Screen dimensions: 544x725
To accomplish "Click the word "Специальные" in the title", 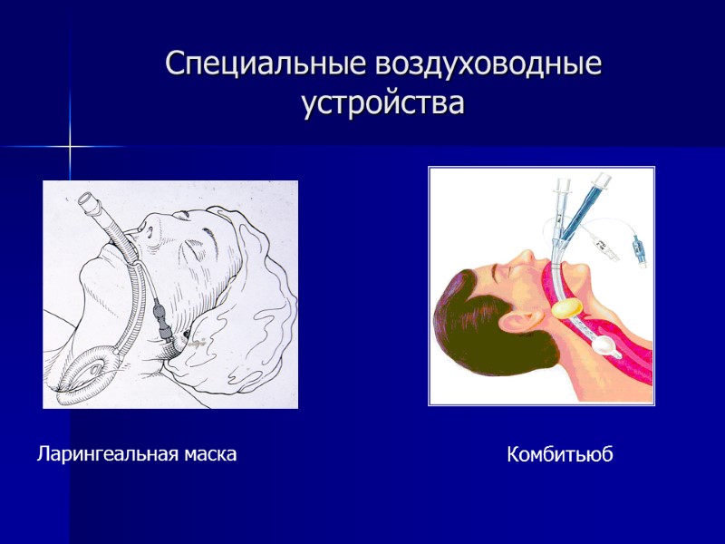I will [x=244, y=65].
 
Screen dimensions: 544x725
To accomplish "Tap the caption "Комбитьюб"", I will [x=559, y=455].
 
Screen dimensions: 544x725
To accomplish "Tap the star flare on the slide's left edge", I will [x=69, y=145].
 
